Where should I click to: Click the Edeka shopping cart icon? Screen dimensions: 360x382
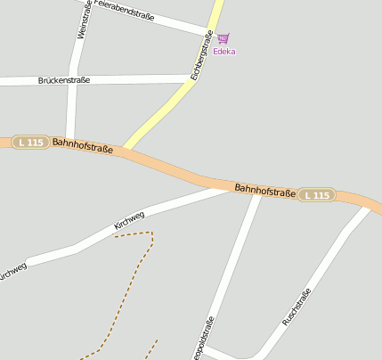223,38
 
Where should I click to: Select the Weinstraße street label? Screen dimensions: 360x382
84,20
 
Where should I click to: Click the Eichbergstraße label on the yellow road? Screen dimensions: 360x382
201,55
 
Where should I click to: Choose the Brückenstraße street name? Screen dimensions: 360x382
64,80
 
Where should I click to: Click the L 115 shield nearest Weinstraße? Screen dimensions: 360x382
30,143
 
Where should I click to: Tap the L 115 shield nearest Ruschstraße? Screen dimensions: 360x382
316,195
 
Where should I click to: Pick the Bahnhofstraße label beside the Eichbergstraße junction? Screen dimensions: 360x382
83,145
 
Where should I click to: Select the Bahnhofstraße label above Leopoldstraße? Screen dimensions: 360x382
264,190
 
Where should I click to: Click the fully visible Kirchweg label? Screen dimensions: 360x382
129,219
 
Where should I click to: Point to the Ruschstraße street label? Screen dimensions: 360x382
296,307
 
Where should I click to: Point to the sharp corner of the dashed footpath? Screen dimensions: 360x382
152,233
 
